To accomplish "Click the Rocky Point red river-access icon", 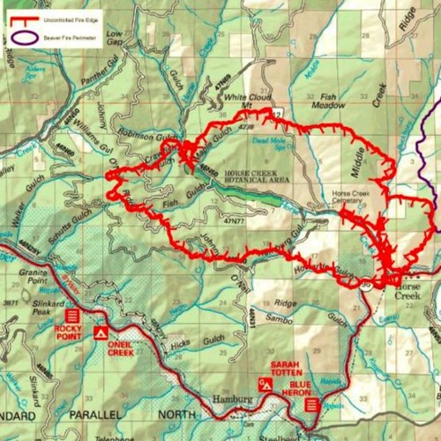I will (73, 315).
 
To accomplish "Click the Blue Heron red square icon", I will (310, 405).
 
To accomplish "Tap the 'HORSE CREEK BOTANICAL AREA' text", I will (257, 175).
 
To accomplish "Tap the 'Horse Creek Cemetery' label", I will (353, 198).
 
